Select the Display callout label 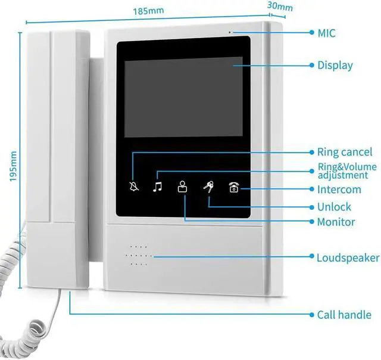tap(335, 66)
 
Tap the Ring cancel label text tap(344, 153)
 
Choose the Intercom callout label tap(339, 190)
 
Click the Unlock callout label tap(334, 207)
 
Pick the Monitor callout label tap(336, 222)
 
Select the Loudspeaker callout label tap(348, 258)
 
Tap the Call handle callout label tap(343, 315)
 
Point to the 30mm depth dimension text tap(280, 7)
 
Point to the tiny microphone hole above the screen tap(229, 31)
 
